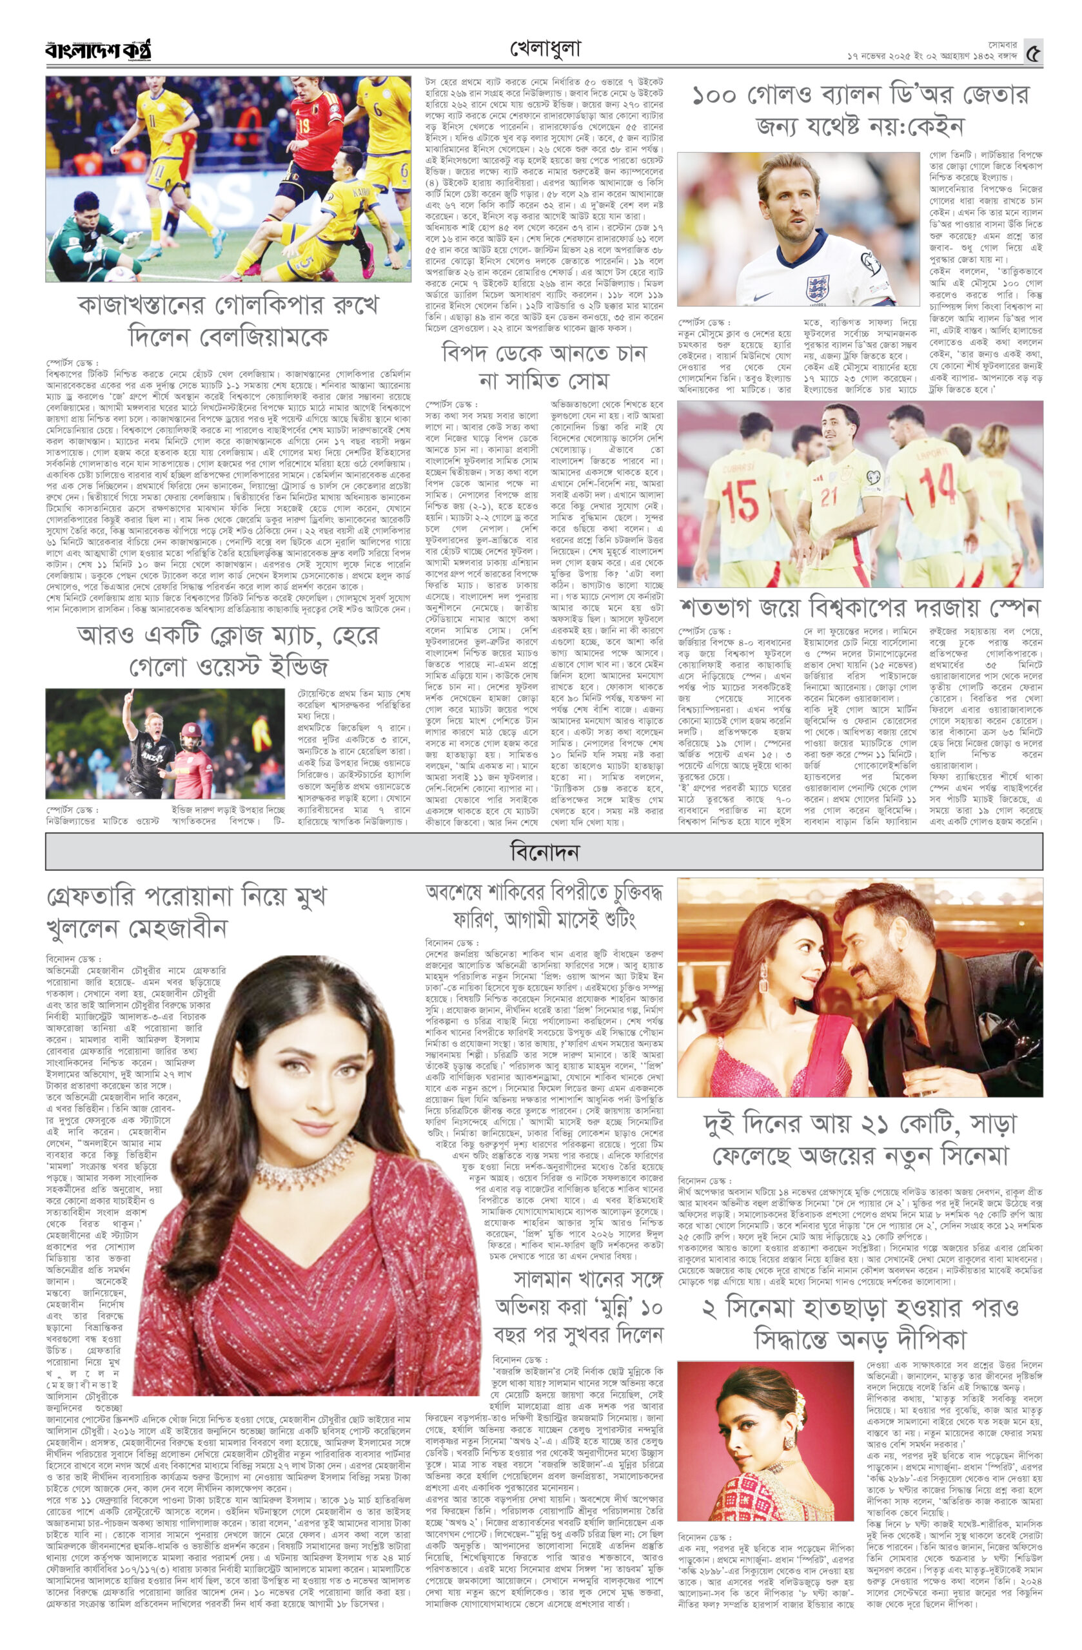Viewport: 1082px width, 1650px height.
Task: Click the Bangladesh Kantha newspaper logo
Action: (x=98, y=51)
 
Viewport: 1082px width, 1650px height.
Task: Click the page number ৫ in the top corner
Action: (x=1033, y=53)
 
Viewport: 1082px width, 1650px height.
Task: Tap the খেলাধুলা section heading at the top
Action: (x=545, y=49)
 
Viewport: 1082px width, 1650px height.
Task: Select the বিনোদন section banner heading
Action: (x=544, y=851)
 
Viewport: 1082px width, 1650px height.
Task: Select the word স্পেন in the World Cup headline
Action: (x=1011, y=607)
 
